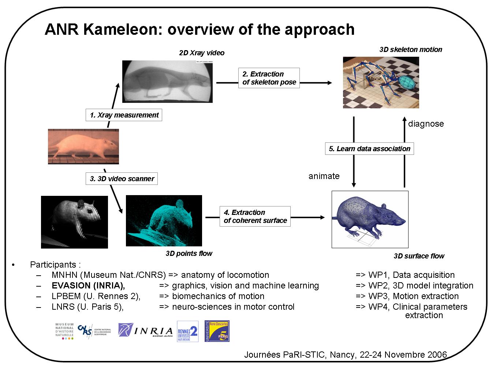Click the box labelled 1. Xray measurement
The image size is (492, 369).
click(x=124, y=115)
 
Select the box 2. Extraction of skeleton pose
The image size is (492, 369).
click(x=269, y=78)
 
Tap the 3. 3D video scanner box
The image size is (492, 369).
click(x=122, y=179)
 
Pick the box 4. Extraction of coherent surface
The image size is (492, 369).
click(x=255, y=216)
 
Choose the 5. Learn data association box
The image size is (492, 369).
click(x=369, y=149)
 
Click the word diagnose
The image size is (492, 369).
click(x=426, y=124)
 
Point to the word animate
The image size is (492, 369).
click(x=324, y=176)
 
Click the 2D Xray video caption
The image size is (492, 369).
click(x=202, y=53)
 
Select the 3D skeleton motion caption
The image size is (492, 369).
click(x=411, y=49)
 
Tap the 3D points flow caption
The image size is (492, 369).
click(x=189, y=253)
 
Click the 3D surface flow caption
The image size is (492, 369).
click(x=419, y=256)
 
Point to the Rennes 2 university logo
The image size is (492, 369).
click(x=187, y=332)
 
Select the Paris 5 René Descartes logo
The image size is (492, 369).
click(x=217, y=331)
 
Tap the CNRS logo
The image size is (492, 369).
click(x=94, y=331)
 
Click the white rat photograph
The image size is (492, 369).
click(x=83, y=146)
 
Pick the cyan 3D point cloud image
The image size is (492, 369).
click(x=164, y=220)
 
